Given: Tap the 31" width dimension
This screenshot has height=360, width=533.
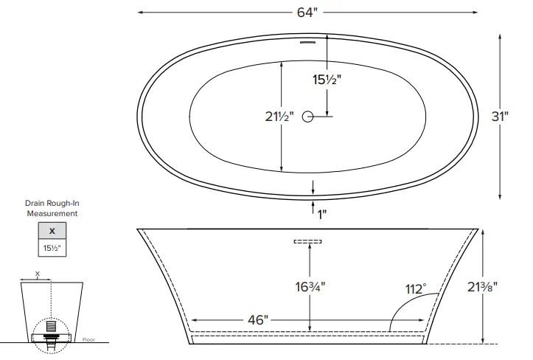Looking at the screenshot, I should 502,116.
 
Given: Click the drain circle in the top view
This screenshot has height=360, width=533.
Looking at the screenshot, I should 308,116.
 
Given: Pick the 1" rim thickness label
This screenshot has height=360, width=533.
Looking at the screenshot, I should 321,214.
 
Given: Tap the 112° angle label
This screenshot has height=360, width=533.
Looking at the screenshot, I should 415,289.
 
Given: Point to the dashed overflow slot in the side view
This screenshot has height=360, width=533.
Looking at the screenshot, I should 308,241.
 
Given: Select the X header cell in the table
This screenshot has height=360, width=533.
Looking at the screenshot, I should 52,232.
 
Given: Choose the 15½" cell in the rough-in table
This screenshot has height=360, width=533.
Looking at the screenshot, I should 52,249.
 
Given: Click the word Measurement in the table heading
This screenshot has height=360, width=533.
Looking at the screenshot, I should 52,213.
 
